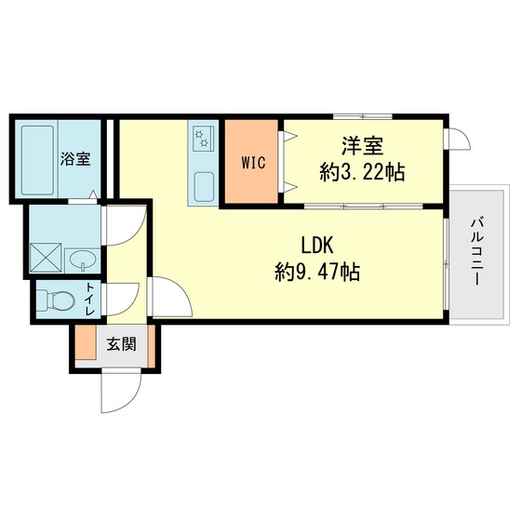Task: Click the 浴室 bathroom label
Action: point(75,158)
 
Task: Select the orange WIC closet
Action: point(253,163)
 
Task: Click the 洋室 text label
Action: point(363,146)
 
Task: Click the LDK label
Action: point(316,246)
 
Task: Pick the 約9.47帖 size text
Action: point(317,273)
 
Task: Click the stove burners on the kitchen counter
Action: point(202,139)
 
